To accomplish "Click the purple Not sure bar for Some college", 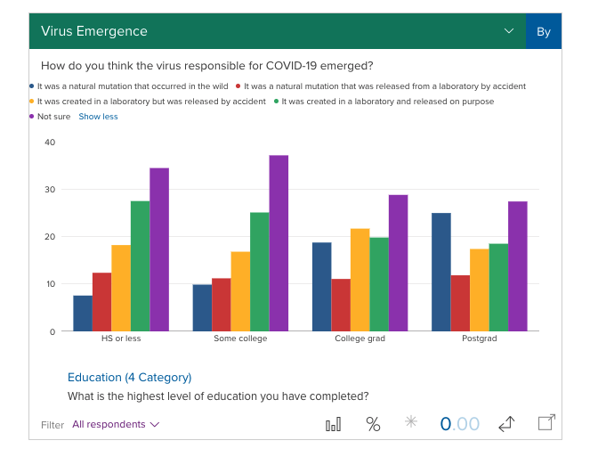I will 279,243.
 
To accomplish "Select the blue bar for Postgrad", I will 440,272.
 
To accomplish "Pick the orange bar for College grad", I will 360,280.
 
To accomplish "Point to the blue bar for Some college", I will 202,307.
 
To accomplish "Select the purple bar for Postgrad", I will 517,266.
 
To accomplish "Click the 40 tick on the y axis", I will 50,143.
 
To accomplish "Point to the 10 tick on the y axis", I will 50,284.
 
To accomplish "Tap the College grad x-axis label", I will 360,339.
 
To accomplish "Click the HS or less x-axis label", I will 121,339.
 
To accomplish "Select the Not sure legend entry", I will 53,117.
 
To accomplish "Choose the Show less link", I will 98,117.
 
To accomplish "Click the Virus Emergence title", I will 94,31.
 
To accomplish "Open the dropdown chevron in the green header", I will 509,31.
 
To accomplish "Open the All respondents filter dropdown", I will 116,425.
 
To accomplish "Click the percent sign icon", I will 373,424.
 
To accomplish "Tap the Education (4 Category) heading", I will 129,377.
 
